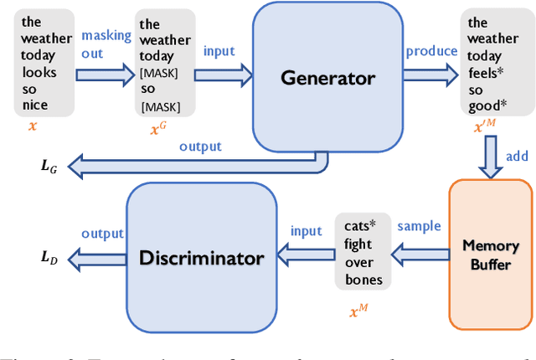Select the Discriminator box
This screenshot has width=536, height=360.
[x=201, y=258]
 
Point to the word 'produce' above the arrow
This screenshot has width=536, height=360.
[x=431, y=51]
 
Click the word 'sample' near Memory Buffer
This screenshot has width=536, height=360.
[x=420, y=226]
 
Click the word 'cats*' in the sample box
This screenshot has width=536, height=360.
[x=361, y=226]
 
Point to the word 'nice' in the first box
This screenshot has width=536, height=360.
[x=35, y=105]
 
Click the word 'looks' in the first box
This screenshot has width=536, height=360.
[x=39, y=72]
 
